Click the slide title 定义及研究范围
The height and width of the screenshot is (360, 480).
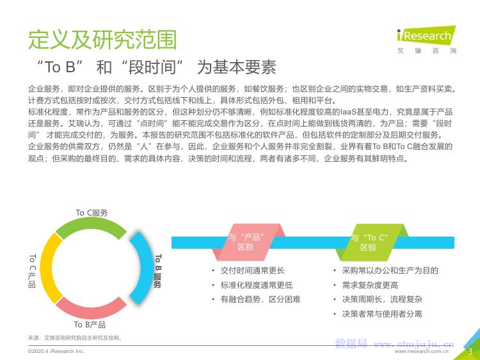pyautogui.click(x=102, y=38)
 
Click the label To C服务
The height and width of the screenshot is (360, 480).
pyautogui.click(x=92, y=213)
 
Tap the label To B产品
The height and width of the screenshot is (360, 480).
pyautogui.click(x=90, y=325)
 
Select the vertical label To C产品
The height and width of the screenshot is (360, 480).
pyautogui.click(x=32, y=270)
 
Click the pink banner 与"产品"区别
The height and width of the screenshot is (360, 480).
pyautogui.click(x=246, y=242)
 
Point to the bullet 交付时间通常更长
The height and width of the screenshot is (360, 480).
pyautogui.click(x=252, y=270)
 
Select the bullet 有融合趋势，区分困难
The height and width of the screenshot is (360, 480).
pyautogui.click(x=260, y=299)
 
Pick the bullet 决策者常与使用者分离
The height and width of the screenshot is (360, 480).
pyautogui.click(x=381, y=314)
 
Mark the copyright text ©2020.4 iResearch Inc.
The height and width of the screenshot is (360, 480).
pyautogui.click(x=56, y=352)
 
